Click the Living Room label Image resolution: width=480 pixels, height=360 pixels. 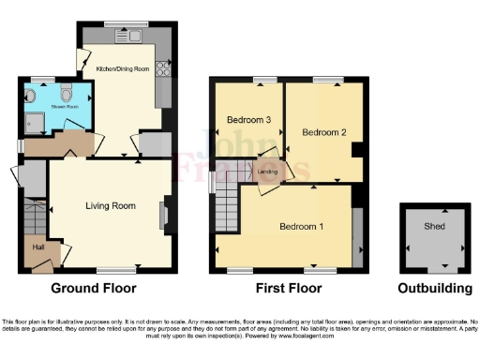111,205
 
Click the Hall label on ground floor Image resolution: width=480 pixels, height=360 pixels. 38,247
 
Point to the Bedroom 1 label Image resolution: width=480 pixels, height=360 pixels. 302,227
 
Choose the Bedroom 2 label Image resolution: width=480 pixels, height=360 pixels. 324,133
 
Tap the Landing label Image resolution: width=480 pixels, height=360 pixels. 265,172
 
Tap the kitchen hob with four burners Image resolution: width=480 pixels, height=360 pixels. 163,67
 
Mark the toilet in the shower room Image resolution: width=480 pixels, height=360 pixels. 66,94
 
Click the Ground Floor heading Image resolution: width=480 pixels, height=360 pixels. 93,288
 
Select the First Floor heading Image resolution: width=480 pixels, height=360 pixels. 289,288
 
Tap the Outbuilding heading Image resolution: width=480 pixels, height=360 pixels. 433,288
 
